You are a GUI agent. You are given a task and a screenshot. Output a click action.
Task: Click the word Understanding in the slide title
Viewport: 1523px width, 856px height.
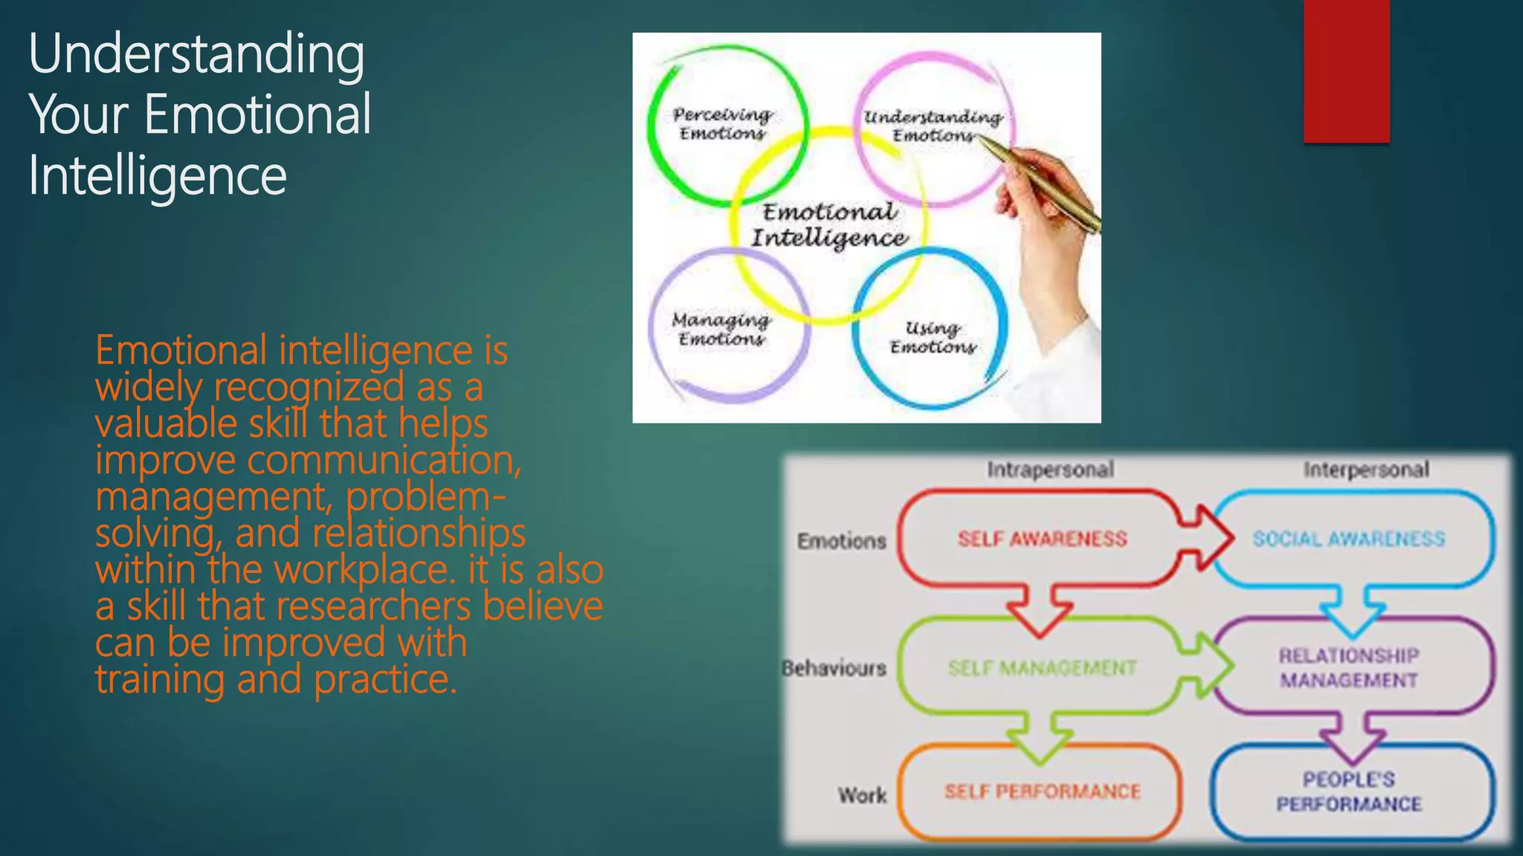[x=196, y=55]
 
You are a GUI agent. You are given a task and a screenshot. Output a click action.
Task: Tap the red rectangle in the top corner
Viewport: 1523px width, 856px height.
[x=1346, y=71]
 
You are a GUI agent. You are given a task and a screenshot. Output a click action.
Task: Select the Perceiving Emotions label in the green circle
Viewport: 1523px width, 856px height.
[x=722, y=124]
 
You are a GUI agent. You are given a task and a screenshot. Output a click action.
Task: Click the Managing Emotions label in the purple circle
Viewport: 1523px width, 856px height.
[x=721, y=329]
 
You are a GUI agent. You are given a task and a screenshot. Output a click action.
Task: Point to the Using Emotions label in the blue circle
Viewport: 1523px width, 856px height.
[x=933, y=337]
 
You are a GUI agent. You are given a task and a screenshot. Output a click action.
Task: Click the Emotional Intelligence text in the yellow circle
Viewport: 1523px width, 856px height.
[x=828, y=224]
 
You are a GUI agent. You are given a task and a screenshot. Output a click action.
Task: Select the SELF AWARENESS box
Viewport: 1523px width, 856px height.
[x=1041, y=538]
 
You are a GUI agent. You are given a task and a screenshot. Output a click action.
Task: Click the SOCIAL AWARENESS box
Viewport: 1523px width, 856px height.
[x=1349, y=538]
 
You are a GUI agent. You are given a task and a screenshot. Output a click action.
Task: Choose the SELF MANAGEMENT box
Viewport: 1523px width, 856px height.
[x=1041, y=667]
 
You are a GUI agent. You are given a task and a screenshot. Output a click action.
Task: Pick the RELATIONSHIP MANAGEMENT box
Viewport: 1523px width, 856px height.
[x=1349, y=667]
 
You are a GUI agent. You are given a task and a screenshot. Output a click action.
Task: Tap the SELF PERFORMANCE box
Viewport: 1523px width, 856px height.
[x=1041, y=791]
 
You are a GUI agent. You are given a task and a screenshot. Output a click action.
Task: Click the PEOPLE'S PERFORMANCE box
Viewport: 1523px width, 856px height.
[x=1349, y=791]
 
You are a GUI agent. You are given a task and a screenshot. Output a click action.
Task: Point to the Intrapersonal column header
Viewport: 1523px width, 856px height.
[x=1050, y=470]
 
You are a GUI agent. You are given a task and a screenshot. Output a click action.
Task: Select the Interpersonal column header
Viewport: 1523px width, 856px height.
[x=1366, y=470]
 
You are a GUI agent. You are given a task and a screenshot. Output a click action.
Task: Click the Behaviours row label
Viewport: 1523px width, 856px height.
[x=834, y=668]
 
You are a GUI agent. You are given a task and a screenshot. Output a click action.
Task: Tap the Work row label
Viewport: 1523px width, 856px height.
[x=863, y=795]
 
